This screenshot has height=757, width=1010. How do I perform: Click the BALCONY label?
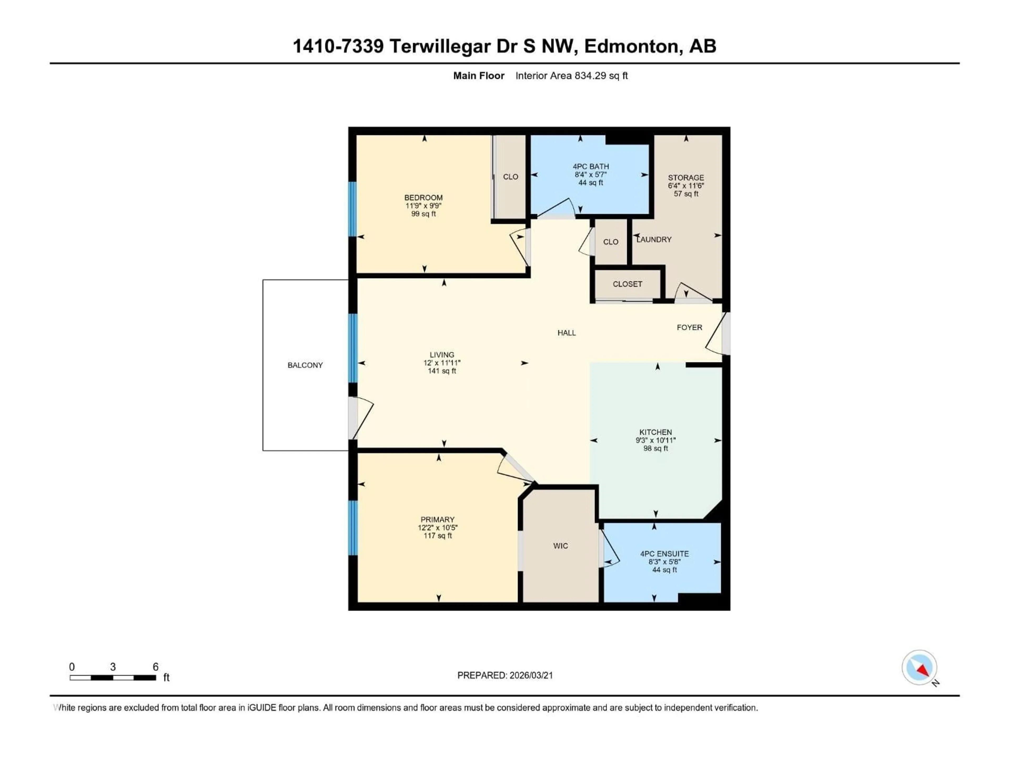pos(305,365)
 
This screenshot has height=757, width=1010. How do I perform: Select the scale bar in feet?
pos(113,678)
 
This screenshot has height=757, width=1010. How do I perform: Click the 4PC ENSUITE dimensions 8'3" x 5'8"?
pos(664,562)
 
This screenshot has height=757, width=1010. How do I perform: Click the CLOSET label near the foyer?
pos(627,284)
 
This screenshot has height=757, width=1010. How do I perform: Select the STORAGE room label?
pos(686,177)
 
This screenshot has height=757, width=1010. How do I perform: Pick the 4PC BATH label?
pos(590,167)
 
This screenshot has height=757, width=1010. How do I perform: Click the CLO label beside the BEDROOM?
pos(511,177)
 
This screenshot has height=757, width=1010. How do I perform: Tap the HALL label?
pos(566,333)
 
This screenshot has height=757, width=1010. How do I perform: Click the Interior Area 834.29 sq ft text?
pos(571,76)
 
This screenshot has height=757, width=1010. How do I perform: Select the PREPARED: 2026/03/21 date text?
pos(505,675)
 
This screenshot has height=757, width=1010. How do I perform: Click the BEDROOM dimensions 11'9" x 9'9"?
pos(423,206)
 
